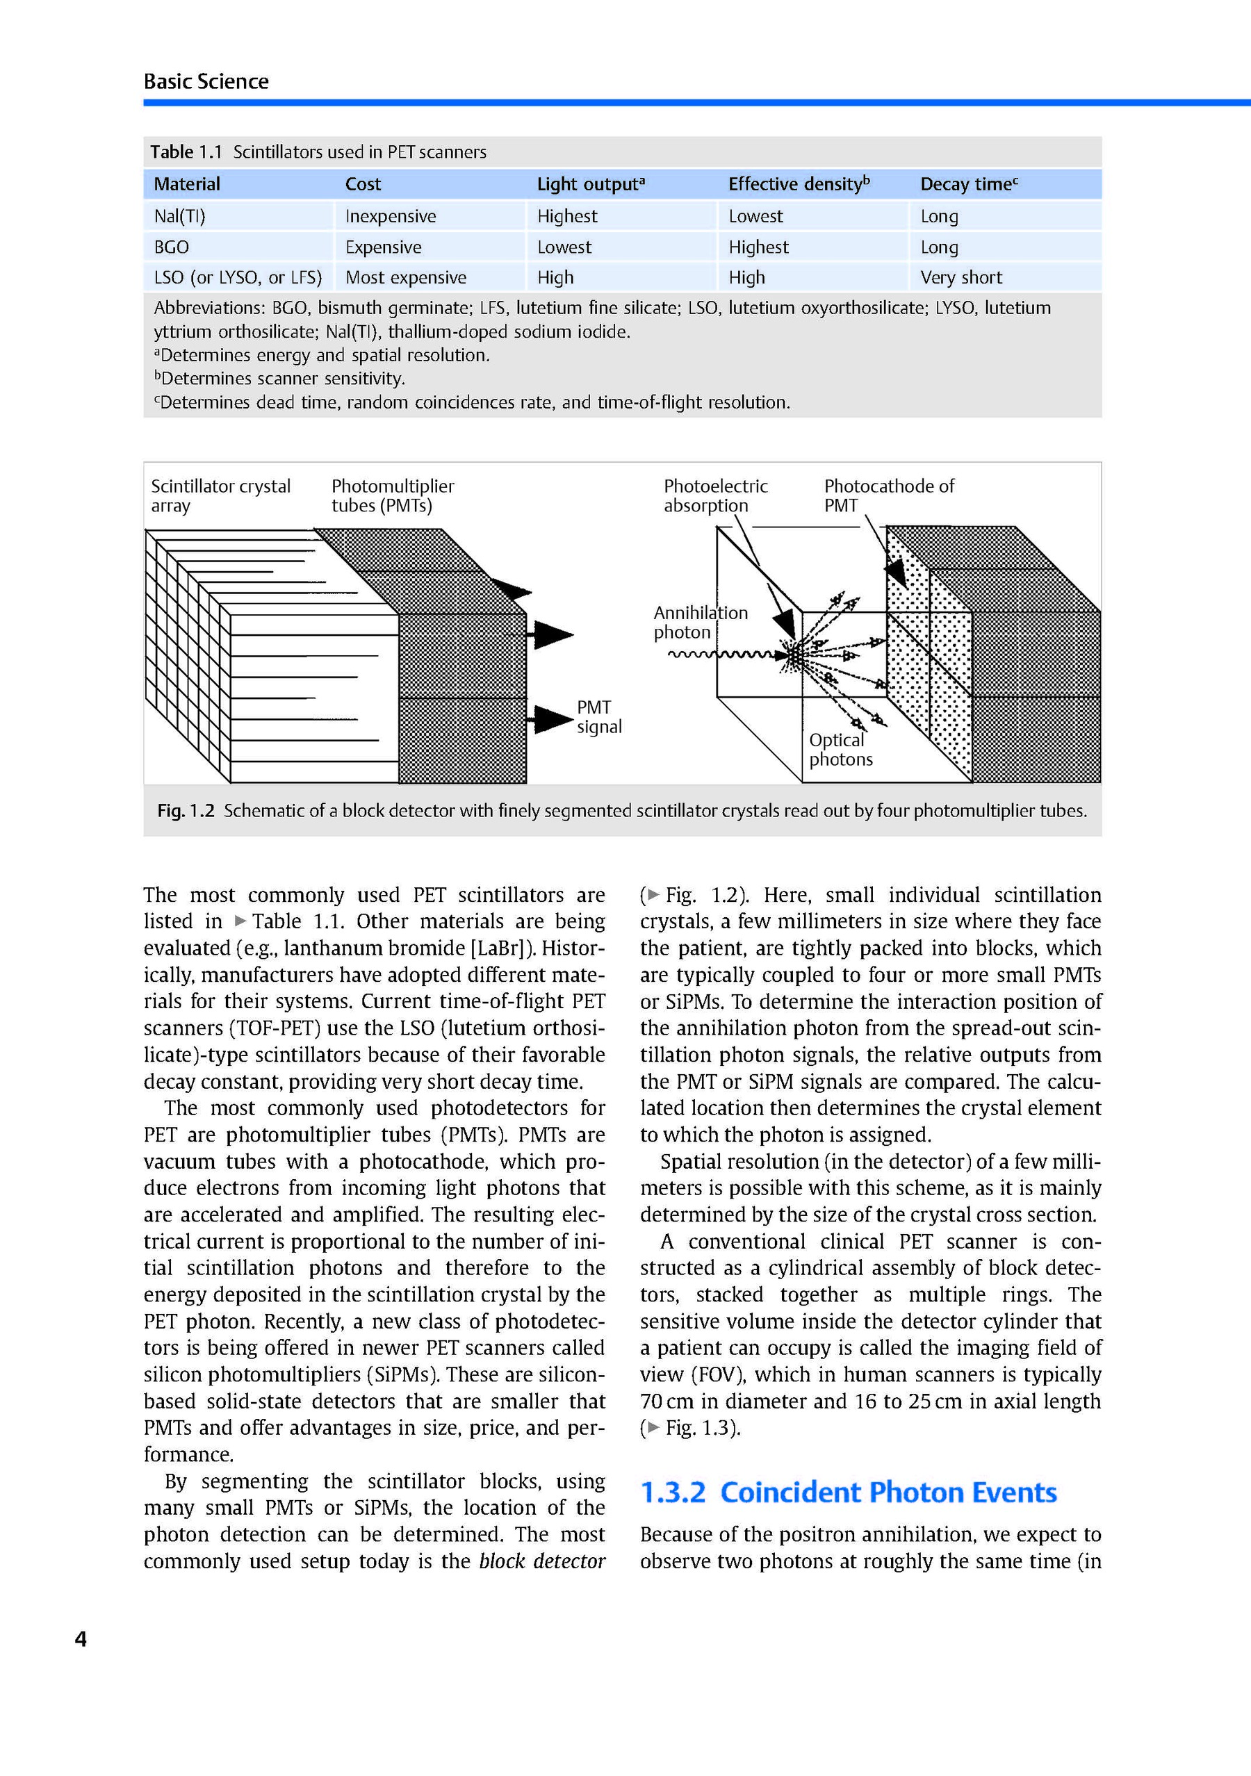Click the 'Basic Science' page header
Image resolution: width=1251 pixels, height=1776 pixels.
[x=206, y=81]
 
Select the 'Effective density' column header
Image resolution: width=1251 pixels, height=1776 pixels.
[x=799, y=184]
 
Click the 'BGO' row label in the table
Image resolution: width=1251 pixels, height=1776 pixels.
[x=171, y=247]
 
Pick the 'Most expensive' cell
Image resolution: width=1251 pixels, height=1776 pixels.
[x=405, y=278]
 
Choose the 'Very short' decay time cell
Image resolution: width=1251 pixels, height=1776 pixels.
[x=961, y=278]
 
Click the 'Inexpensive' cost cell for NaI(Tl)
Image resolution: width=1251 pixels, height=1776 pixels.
[x=391, y=217]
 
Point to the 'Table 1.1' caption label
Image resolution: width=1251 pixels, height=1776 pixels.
[x=186, y=151]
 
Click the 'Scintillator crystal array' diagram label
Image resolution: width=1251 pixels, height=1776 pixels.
[x=220, y=496]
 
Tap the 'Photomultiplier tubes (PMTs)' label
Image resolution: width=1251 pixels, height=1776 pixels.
[x=392, y=496]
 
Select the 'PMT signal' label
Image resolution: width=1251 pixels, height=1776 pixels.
[x=599, y=717]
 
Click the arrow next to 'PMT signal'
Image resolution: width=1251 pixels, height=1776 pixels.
[x=553, y=719]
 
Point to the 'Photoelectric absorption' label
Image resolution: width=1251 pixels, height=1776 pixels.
[x=715, y=496]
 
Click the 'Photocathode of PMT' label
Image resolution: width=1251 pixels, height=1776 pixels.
[x=888, y=496]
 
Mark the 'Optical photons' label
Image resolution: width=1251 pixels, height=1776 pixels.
[x=840, y=750]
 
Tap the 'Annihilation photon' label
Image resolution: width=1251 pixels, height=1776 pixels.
[x=700, y=623]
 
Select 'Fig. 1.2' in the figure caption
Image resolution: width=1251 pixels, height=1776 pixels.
[x=186, y=811]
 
